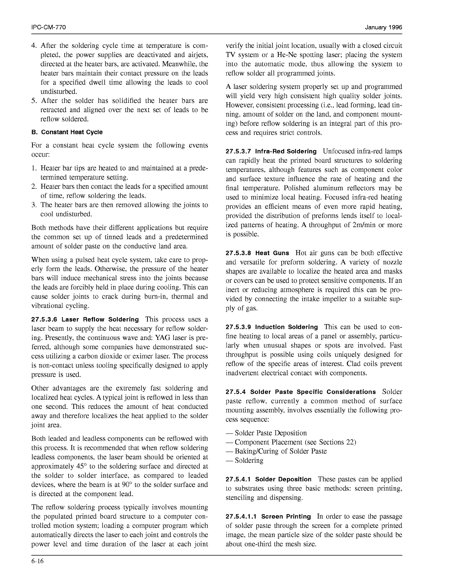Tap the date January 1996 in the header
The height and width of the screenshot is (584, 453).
[383, 28]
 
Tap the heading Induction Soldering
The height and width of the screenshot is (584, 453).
[286, 327]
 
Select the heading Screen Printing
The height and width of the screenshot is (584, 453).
[286, 517]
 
